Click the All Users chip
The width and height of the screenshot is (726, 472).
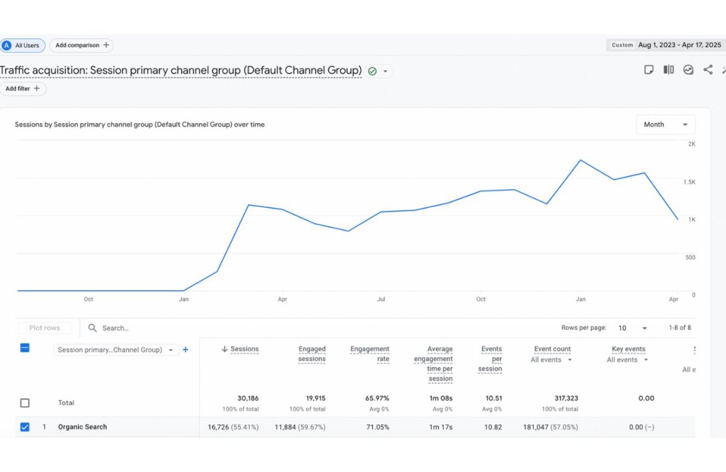22,45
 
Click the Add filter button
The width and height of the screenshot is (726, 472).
23,89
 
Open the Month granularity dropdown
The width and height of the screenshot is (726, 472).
665,124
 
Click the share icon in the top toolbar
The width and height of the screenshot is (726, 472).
708,70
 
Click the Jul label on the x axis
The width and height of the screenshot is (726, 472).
381,299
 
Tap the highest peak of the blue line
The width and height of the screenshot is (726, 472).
580,160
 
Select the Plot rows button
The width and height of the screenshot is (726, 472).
45,328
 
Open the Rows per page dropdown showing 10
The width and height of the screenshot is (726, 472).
632,328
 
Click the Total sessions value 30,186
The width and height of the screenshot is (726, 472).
248,398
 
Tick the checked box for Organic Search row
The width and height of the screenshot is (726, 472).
25,427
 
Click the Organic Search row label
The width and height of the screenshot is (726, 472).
82,427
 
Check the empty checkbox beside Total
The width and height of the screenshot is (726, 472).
25,403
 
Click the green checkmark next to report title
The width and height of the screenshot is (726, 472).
372,71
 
